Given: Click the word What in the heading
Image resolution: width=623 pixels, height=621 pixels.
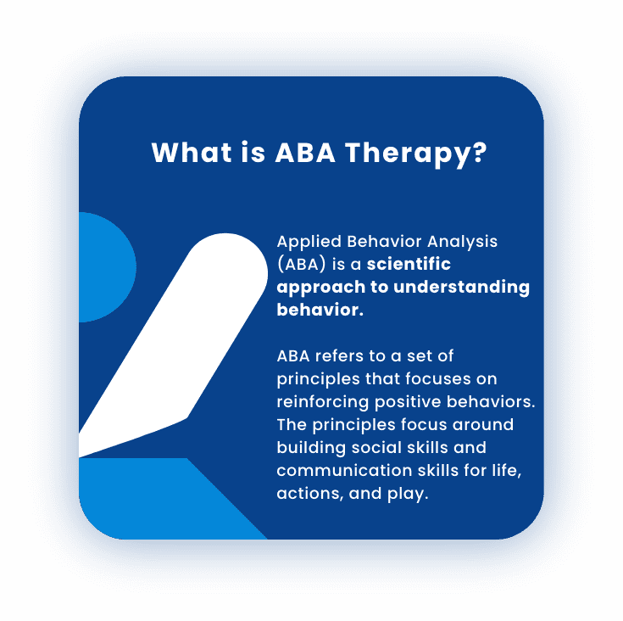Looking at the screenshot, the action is pos(192,152).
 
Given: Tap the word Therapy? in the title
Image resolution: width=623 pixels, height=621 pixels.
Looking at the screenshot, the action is pos(415,154).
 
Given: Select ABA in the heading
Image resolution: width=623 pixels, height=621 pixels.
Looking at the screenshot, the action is pos(305,152).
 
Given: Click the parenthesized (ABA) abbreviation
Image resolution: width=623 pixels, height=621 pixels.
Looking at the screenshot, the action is pos(302,265).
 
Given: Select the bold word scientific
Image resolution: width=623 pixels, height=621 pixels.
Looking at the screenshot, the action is pos(409,264).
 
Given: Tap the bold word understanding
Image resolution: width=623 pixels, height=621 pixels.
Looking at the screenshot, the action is pos(461,288).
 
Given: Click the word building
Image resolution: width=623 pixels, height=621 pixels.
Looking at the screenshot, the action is pos(311,449).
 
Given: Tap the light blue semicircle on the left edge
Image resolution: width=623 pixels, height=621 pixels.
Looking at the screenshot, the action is pos(104,267).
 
